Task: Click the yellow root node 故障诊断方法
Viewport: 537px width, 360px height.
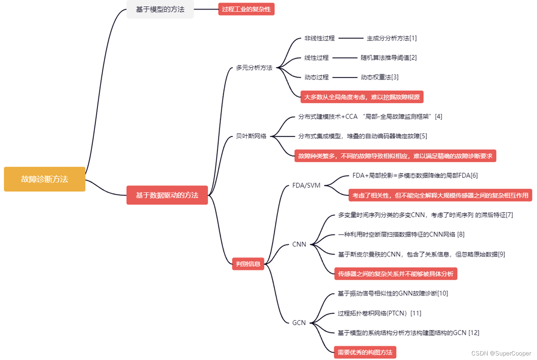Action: [44, 179]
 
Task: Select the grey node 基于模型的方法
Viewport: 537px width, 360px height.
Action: [160, 9]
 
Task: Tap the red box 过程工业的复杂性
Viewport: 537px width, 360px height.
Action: [246, 9]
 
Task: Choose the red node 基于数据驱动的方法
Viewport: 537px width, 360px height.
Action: [167, 195]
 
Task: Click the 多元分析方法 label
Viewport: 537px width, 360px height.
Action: [254, 68]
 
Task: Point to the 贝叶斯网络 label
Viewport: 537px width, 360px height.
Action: [251, 136]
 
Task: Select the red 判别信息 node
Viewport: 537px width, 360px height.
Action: [248, 264]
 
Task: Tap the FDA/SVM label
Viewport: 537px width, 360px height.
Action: [306, 185]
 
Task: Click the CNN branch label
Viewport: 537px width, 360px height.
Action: [299, 244]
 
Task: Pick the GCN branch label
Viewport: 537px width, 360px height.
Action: [299, 323]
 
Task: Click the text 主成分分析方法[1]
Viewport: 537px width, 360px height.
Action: [392, 38]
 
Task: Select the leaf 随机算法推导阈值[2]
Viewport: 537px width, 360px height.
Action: [389, 58]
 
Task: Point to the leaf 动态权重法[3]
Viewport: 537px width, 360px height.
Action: [379, 77]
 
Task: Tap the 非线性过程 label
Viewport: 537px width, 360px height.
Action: [319, 38]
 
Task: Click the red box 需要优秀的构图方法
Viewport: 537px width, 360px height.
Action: [365, 352]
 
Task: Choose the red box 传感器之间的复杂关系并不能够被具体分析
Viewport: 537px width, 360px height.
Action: [396, 274]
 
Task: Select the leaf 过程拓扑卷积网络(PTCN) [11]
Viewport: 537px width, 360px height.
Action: [379, 313]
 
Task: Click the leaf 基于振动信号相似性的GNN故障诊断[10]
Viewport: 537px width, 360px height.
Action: [393, 293]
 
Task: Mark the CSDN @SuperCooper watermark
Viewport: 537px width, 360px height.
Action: [501, 353]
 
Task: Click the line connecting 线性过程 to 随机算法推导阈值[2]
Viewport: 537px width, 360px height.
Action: [344, 58]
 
